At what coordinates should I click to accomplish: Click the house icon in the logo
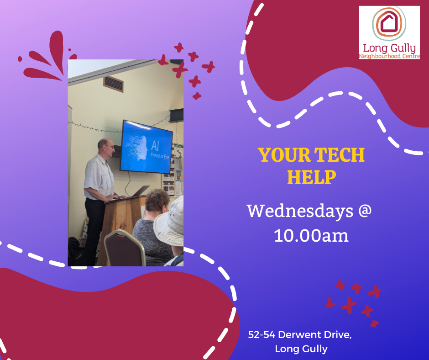click(389, 23)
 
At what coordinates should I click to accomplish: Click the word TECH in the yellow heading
click(339, 155)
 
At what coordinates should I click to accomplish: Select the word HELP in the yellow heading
click(311, 177)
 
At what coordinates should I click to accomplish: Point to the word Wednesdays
click(300, 211)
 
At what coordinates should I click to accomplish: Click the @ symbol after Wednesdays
click(365, 211)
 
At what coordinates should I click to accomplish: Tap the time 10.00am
click(311, 236)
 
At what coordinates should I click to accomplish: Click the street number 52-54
click(262, 334)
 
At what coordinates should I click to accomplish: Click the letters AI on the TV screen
click(155, 146)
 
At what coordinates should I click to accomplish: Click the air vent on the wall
click(113, 84)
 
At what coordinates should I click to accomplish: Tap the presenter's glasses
click(110, 147)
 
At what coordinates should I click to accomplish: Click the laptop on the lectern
click(140, 191)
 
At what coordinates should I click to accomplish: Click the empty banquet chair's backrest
click(125, 248)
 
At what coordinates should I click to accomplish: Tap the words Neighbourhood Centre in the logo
click(389, 56)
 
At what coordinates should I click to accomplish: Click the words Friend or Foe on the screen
click(160, 156)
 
